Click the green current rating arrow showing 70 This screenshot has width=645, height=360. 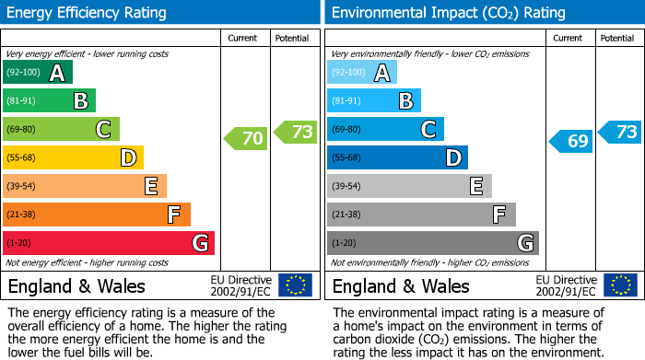(x=246, y=139)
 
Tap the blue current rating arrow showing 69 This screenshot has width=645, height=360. (x=571, y=141)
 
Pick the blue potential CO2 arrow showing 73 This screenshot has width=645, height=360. (x=620, y=132)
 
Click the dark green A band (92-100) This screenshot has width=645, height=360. (x=37, y=73)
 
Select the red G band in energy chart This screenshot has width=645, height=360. (x=108, y=243)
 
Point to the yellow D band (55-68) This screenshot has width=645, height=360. (x=73, y=157)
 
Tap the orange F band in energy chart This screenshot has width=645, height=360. (x=96, y=215)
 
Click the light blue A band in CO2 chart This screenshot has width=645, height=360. (x=361, y=73)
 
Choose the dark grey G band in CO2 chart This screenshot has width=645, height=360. (x=432, y=243)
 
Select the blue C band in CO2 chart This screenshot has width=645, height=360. (x=385, y=130)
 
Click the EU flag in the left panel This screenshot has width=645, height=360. (x=296, y=285)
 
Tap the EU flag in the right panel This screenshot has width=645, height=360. (x=620, y=285)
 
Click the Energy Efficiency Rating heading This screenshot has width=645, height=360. (x=87, y=13)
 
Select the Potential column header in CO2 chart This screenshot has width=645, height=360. (x=617, y=38)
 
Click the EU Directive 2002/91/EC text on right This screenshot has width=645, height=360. (x=567, y=285)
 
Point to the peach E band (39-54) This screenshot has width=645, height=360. (x=85, y=186)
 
